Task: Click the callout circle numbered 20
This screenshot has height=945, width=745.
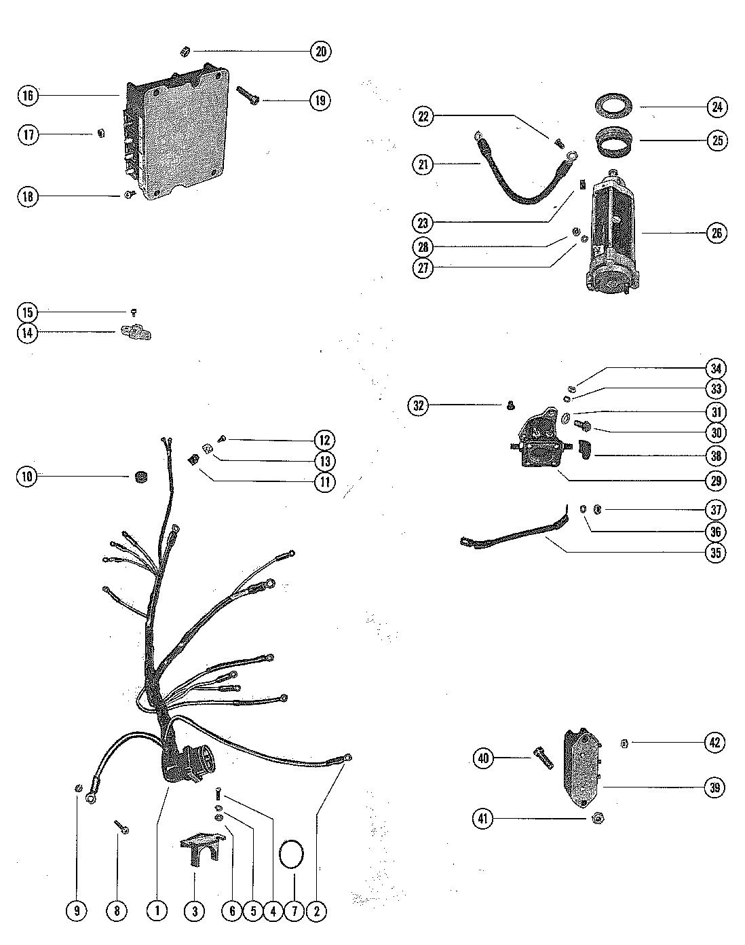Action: [321, 52]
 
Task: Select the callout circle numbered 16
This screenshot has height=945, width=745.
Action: [27, 96]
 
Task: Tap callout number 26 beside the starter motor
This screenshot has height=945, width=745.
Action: [716, 233]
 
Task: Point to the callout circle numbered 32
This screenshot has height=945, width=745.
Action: [419, 406]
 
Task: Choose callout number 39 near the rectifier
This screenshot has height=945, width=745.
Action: [714, 787]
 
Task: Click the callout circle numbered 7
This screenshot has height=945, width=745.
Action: [294, 911]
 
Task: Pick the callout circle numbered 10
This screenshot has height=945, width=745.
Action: [27, 477]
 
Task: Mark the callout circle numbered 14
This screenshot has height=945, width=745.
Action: [27, 333]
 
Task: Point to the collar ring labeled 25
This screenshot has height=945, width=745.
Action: [615, 143]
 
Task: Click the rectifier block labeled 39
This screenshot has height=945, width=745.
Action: [583, 766]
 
